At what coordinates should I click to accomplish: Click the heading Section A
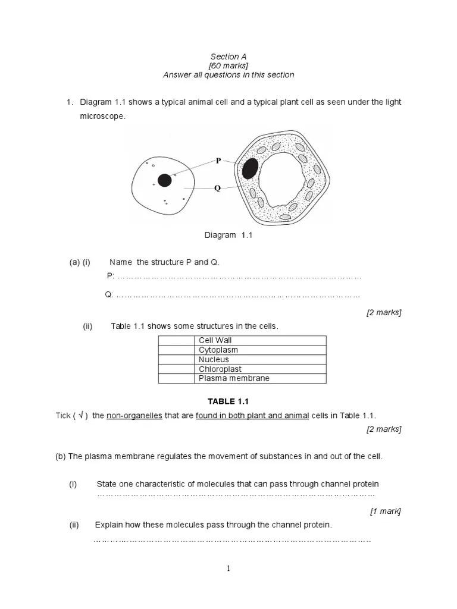(x=228, y=56)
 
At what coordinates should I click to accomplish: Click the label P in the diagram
(x=218, y=161)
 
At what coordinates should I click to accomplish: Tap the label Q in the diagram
(x=218, y=188)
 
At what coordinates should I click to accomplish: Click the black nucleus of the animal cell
(x=165, y=180)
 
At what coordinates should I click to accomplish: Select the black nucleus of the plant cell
(x=250, y=168)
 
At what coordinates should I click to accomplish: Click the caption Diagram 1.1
(x=228, y=235)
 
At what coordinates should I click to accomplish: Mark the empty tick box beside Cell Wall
(x=176, y=340)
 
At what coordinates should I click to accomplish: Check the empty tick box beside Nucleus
(x=176, y=359)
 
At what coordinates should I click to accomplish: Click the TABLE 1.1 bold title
(x=228, y=401)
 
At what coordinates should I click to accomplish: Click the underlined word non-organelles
(x=134, y=415)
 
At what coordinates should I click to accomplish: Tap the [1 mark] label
(x=385, y=510)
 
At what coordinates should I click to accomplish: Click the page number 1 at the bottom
(x=228, y=569)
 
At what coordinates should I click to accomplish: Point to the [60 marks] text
(x=228, y=65)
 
